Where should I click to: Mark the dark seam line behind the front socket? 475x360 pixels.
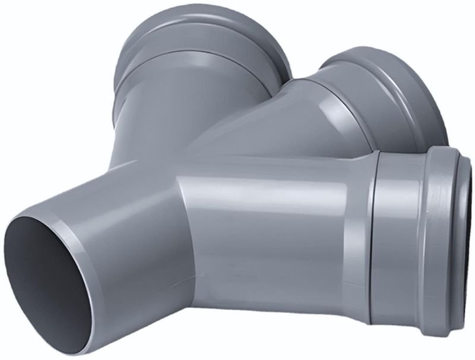pos(372,238)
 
